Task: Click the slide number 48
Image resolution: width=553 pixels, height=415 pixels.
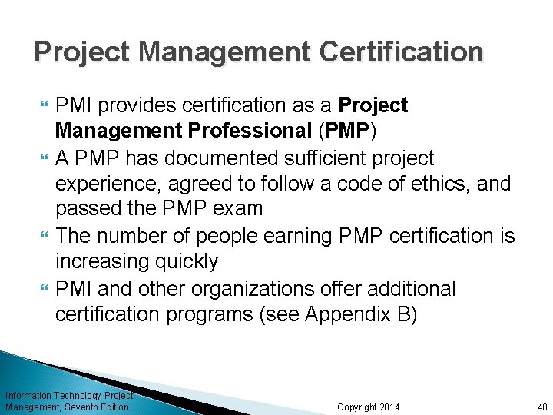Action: coord(542,407)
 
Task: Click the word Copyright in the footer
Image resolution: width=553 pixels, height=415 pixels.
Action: coord(357,407)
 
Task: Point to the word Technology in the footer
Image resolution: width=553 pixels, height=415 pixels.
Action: coord(78,395)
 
